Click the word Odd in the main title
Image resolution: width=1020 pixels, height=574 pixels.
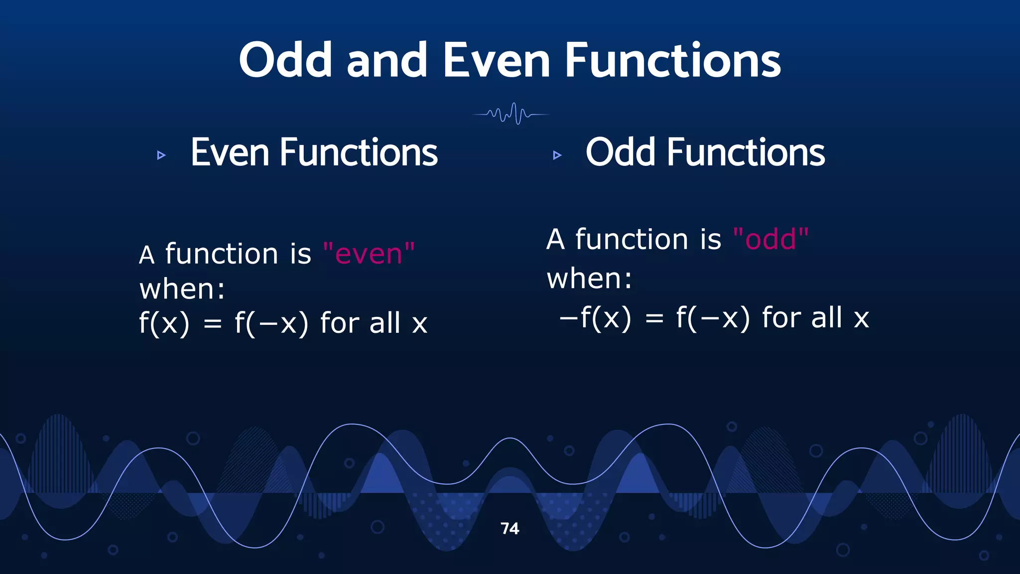click(x=285, y=60)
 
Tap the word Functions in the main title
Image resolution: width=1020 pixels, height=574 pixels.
click(x=672, y=60)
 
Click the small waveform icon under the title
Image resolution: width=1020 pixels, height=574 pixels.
click(x=511, y=114)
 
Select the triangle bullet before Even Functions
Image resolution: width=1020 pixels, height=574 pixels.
click(x=161, y=155)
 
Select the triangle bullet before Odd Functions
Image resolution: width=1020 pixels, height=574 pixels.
click(x=557, y=155)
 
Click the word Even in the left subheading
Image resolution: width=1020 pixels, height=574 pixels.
click(x=230, y=152)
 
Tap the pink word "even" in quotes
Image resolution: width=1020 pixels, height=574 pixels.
click(x=369, y=254)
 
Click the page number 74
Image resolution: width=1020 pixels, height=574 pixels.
click(x=510, y=529)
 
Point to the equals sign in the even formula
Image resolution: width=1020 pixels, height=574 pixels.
click(x=213, y=324)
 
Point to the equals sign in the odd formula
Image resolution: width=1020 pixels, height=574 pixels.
click(x=654, y=318)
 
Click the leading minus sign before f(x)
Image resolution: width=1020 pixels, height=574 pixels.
click(x=568, y=317)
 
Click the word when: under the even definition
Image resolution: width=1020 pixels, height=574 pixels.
click(x=182, y=289)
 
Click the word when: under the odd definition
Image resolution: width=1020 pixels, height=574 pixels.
click(x=589, y=279)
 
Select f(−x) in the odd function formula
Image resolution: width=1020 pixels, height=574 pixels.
click(x=713, y=318)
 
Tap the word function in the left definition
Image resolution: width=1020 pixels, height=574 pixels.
click(x=221, y=254)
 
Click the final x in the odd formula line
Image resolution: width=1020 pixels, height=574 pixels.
click(x=861, y=319)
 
